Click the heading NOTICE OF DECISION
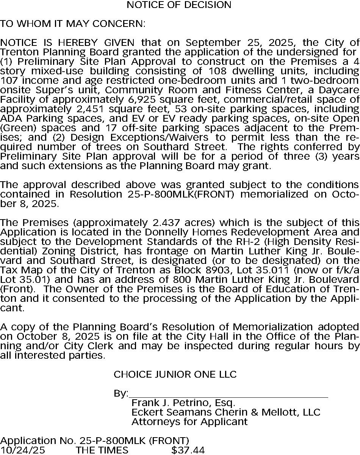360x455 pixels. coord(179,5)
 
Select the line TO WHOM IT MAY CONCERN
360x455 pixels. coord(72,24)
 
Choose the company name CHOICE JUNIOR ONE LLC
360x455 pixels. coord(175,375)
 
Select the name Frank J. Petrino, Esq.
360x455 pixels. coord(183,403)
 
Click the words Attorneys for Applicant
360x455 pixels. coord(189,422)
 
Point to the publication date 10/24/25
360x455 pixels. coord(22,450)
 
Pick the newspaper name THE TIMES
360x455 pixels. coord(102,450)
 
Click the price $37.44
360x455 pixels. coord(188,450)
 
